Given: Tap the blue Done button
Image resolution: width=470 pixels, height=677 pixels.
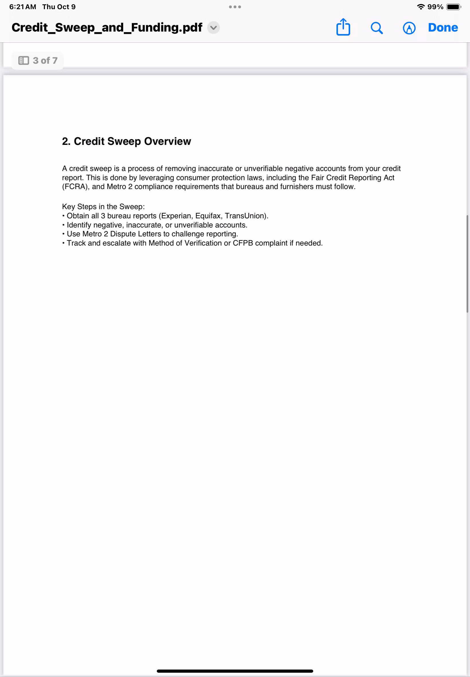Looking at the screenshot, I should click(x=442, y=28).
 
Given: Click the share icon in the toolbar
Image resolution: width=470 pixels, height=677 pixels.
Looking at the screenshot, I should click(x=343, y=28).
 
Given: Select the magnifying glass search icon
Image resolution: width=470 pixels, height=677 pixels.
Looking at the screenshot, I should click(x=376, y=28).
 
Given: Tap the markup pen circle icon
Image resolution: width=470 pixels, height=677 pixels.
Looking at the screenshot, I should click(x=409, y=28).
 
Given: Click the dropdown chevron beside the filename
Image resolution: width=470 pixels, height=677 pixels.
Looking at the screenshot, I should click(x=214, y=28).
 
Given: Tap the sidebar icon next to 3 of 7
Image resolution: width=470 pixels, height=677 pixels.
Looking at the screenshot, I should click(x=23, y=61).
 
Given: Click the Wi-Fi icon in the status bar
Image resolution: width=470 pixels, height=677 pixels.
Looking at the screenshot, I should click(x=421, y=7).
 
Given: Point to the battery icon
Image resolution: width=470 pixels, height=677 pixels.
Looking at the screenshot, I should click(x=453, y=7).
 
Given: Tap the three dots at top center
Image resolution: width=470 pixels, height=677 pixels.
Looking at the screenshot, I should click(x=235, y=7).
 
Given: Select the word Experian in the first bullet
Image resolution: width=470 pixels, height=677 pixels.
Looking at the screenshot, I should click(x=175, y=216).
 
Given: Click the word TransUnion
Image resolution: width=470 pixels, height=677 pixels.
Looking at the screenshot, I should click(x=246, y=216).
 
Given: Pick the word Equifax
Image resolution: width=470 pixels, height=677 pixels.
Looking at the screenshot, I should click(x=208, y=216).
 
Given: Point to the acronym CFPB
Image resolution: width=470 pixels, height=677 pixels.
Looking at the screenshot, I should click(x=243, y=243).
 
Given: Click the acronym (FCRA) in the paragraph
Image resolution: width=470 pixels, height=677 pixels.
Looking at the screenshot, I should click(x=75, y=187).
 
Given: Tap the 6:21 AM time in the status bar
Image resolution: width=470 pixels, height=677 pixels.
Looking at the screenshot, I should click(x=23, y=7).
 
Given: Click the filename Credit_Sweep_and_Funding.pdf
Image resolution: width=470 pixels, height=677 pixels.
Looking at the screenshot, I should click(x=107, y=28).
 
